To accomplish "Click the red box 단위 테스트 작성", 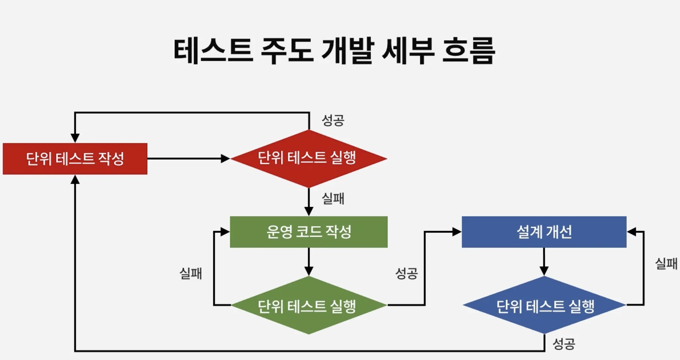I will click(75, 159).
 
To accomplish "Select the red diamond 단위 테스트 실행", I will click(308, 158).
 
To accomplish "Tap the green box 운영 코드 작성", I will click(308, 232).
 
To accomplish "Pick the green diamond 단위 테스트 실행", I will click(308, 305).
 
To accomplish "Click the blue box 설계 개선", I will click(544, 232).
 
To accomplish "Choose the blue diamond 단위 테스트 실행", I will click(545, 305).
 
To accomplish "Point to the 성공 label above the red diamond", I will click(333, 120).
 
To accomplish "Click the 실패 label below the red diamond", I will click(333, 198).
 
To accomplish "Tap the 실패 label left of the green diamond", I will click(191, 273).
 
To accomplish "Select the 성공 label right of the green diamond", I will click(406, 273).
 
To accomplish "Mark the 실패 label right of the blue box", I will click(666, 263).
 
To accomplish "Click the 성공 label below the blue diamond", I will click(564, 344).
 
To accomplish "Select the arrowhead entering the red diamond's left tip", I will click(226, 159).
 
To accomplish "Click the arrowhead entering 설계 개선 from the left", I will click(457, 232).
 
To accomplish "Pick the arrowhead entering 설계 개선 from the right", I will click(631, 232).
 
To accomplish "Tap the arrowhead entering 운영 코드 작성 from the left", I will click(225, 232).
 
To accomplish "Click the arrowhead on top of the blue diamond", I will click(544, 271).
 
